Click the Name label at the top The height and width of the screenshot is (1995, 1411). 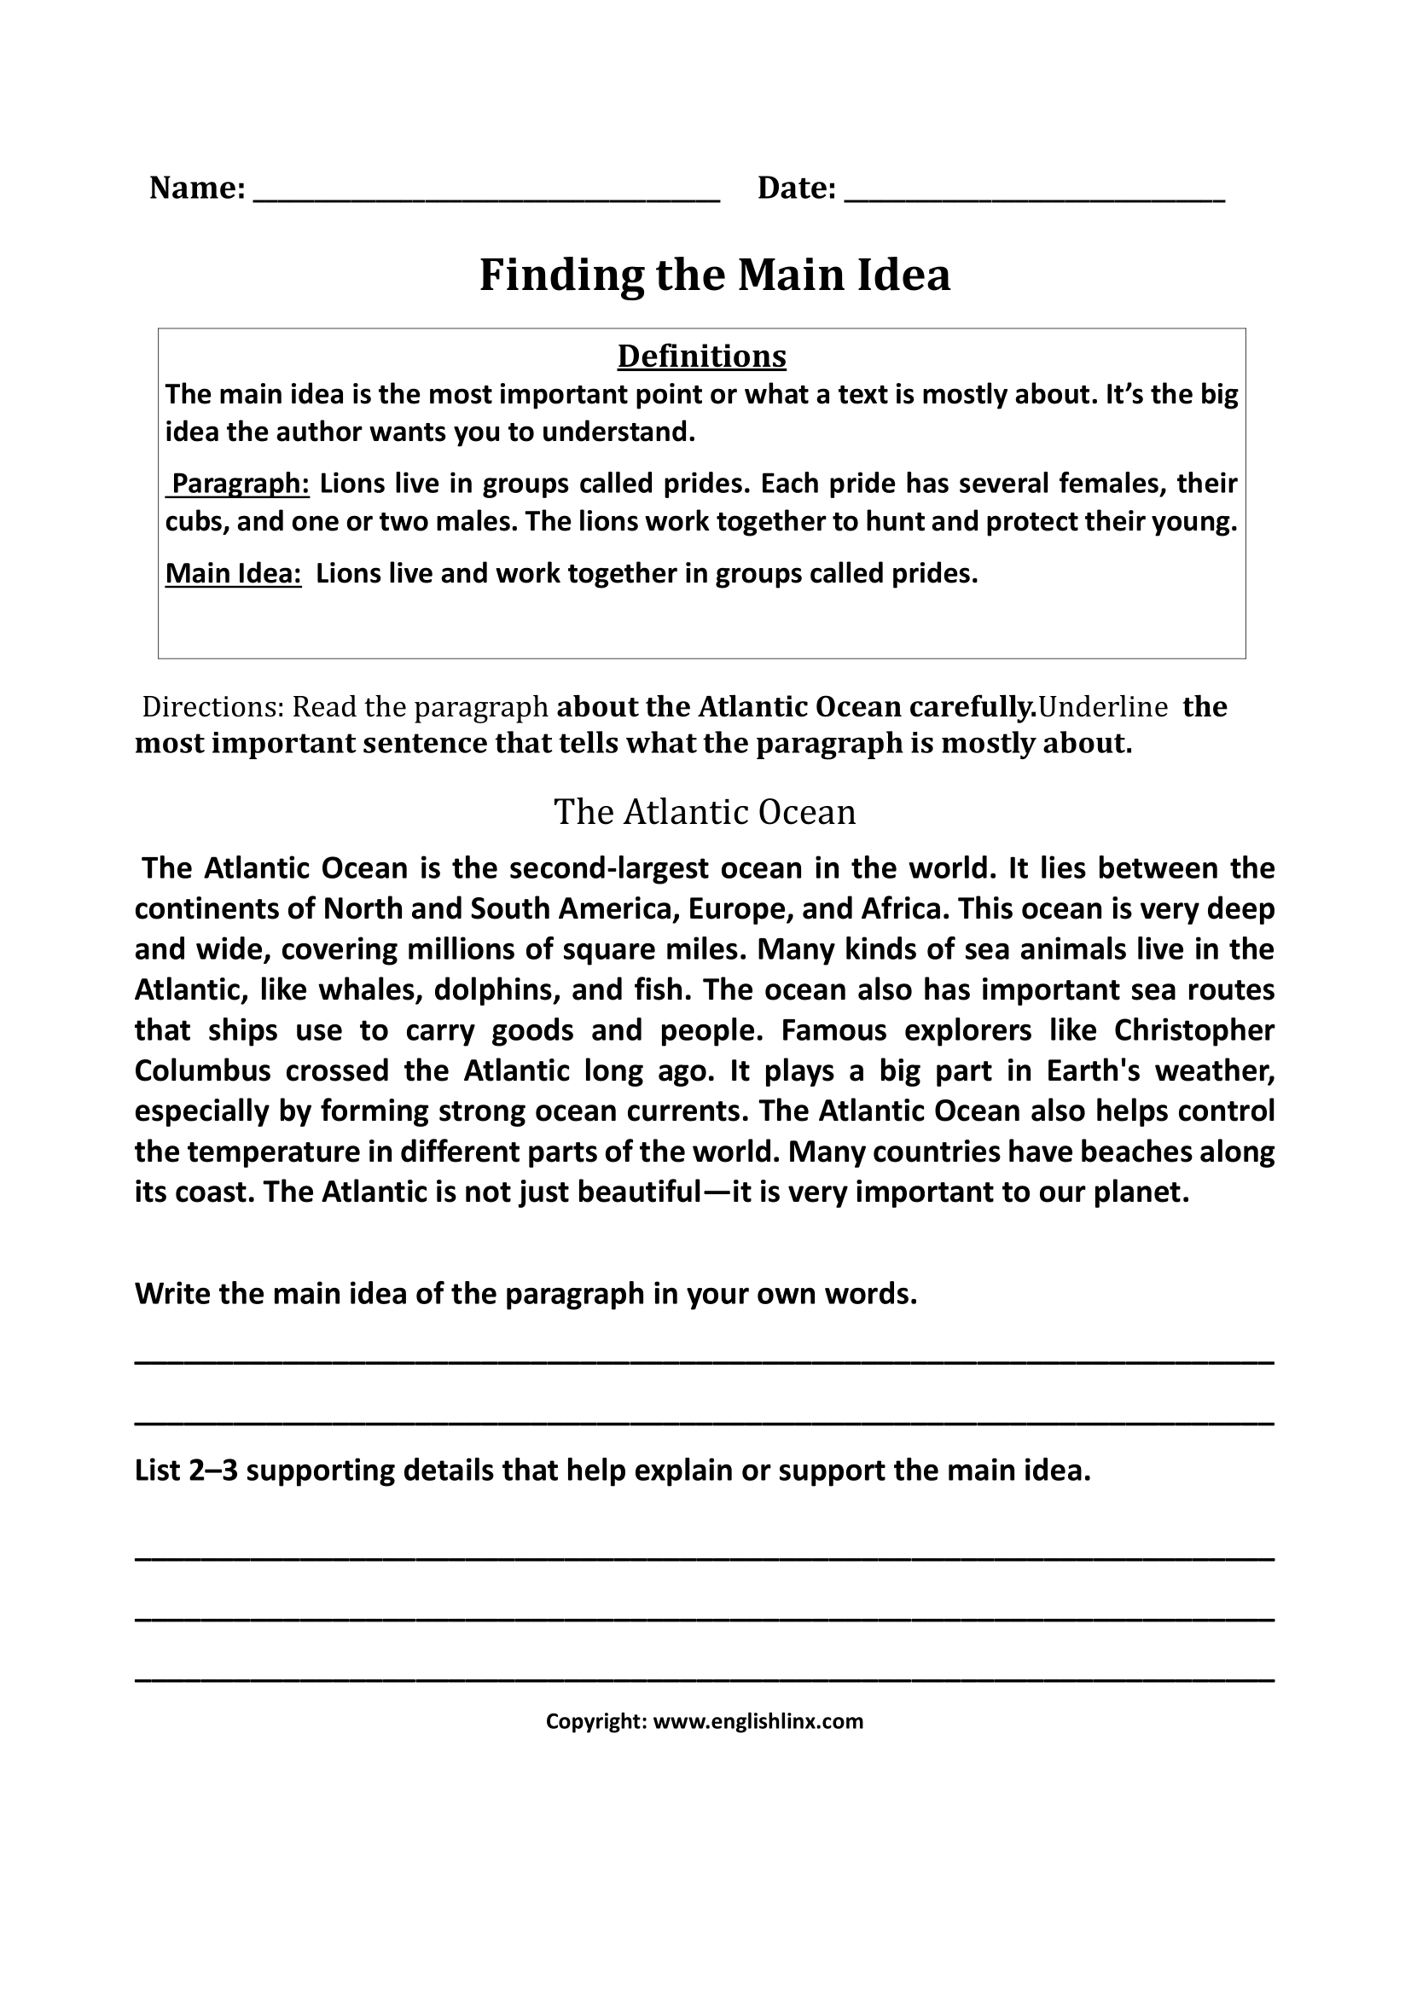[x=196, y=188]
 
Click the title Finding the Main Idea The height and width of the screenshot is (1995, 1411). [x=714, y=275]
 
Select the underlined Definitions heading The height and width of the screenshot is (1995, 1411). [x=701, y=356]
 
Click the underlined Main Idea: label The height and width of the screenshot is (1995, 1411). [x=233, y=573]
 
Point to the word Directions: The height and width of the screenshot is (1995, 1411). [x=213, y=707]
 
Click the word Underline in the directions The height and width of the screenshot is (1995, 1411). [x=1101, y=707]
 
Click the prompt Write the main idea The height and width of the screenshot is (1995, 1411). [x=525, y=1294]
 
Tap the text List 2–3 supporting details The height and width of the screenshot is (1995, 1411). [x=612, y=1470]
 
